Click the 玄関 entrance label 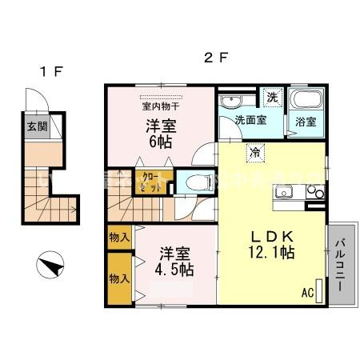36,126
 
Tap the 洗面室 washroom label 249,121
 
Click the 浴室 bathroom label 306,122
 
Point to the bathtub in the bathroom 306,102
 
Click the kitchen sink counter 297,194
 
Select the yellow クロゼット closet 149,184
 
